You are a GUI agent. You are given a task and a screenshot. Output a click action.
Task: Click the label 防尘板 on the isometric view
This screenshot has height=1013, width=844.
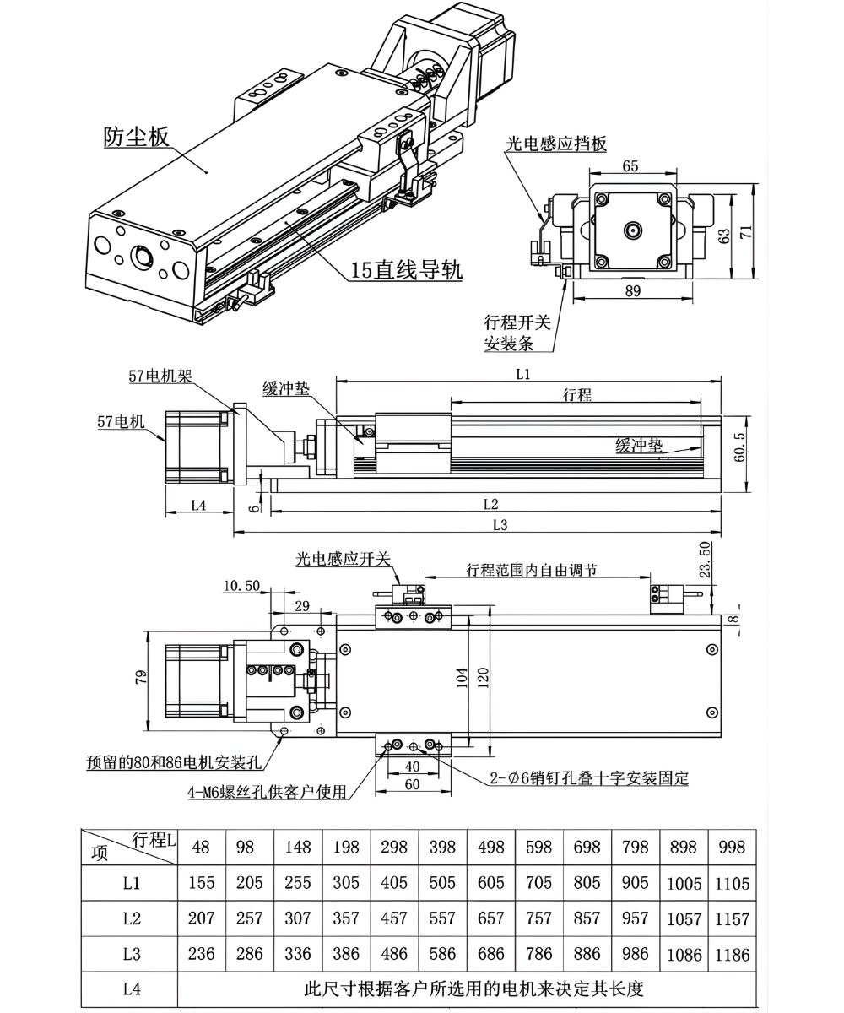(136, 137)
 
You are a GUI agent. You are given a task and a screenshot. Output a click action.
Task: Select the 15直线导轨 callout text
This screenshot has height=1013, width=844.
(406, 270)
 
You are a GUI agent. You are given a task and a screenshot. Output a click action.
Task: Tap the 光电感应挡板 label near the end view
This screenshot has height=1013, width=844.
(556, 144)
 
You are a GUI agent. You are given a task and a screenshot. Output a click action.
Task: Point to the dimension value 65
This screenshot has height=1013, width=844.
(630, 166)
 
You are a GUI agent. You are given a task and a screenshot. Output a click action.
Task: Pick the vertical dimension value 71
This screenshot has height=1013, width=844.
(746, 233)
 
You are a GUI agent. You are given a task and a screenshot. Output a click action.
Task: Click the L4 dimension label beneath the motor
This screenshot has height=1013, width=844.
(198, 505)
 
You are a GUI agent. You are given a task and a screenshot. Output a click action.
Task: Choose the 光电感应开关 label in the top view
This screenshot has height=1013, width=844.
(342, 559)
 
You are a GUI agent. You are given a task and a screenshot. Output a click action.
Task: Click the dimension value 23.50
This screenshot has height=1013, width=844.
(706, 559)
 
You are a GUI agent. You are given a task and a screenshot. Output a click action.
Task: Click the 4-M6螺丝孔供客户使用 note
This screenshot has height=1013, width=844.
(267, 792)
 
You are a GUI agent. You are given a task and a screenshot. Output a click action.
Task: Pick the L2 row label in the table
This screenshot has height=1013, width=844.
(131, 919)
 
